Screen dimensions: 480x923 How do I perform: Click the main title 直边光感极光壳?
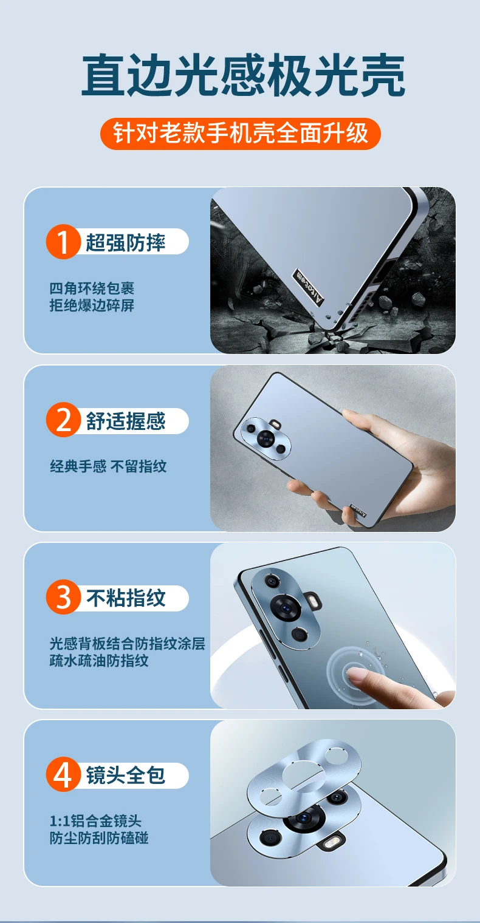coord(243,75)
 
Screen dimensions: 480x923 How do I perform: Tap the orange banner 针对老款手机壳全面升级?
coord(241,134)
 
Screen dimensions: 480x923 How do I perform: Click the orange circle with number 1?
coord(63,242)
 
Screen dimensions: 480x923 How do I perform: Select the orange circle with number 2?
coord(63,420)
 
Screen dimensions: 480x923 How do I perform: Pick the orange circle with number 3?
coord(63,597)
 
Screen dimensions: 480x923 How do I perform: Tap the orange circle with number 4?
coord(63,774)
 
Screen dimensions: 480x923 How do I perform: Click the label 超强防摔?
coord(125,242)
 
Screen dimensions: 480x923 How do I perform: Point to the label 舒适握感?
coord(125,421)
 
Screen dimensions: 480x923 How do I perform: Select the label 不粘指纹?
coord(126,598)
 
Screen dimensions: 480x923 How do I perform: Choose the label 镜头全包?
coord(125,775)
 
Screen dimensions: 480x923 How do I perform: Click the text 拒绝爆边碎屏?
coord(92,305)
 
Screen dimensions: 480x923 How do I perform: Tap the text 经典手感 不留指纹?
coord(108,466)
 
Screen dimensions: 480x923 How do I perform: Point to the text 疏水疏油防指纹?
coord(99,661)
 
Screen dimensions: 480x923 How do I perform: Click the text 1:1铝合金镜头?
coord(95,821)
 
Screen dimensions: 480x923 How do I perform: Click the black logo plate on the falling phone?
coord(307,288)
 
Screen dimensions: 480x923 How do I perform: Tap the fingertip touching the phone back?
coord(355,675)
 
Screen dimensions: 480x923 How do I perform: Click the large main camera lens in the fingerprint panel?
coord(286,608)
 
